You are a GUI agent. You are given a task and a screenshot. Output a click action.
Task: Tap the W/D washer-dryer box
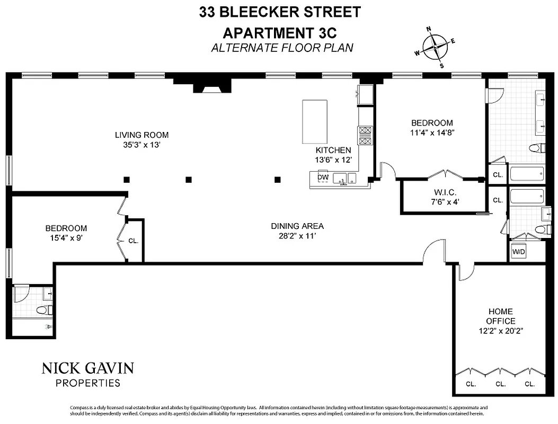coord(518,252)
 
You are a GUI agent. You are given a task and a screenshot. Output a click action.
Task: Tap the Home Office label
coord(500,316)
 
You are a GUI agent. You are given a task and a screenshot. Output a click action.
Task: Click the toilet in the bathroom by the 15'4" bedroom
coord(43,310)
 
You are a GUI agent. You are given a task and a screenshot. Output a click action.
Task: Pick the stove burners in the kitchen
coord(365,135)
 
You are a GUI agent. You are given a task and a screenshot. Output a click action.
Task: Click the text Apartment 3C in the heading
coord(280,33)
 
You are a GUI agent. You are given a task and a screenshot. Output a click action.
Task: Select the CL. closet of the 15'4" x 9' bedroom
coord(133,240)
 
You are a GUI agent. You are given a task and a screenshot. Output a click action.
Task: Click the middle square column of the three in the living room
coord(188,180)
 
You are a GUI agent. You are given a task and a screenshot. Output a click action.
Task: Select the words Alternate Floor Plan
coord(282,48)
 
